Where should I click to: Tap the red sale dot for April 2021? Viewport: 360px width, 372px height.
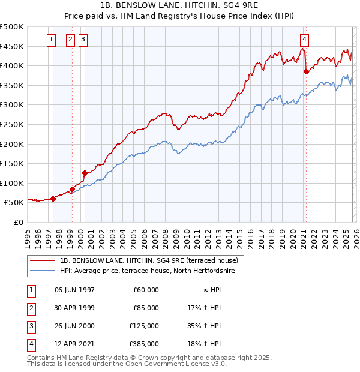306,71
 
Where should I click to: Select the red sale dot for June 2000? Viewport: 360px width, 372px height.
85,173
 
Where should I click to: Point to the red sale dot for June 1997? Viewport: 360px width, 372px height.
53,199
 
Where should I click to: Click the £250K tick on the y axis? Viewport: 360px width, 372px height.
12,124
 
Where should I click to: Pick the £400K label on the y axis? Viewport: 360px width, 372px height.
12,65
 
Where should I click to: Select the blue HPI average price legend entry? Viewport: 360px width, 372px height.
150,271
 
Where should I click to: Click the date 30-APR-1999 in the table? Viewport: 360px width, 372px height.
74,308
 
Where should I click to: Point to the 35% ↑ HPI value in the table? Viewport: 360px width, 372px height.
205,326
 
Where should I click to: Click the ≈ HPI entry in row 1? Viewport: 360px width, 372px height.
209,290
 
